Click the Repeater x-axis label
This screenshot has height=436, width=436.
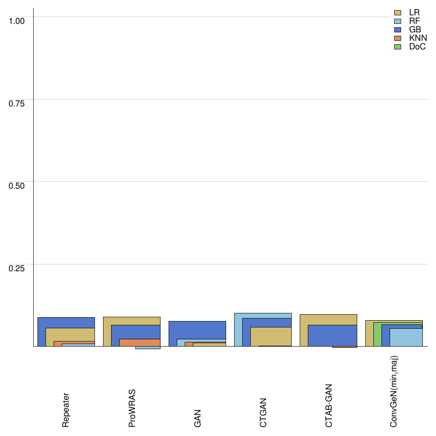pos(66,410)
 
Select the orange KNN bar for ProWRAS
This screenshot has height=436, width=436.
pos(140,342)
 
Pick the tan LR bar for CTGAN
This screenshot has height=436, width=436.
pos(270,336)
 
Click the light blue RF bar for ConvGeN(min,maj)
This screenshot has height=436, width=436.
pos(406,337)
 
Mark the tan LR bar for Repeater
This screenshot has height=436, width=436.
pos(70,334)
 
